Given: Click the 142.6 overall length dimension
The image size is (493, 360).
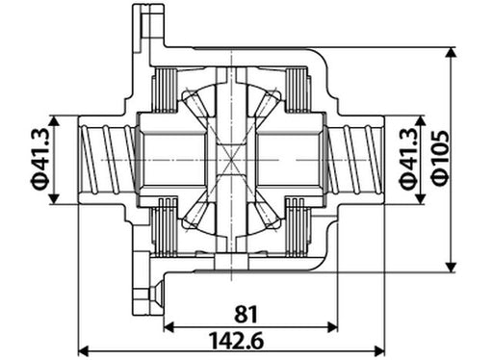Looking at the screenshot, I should coord(234,341).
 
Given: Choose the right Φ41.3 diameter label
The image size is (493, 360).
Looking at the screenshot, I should coord(407,159).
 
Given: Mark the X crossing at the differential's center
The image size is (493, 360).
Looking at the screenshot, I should coord(232,160).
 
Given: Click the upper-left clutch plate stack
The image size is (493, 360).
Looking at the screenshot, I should coord(164,91).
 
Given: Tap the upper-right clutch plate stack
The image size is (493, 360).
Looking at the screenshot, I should coord(303,91).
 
